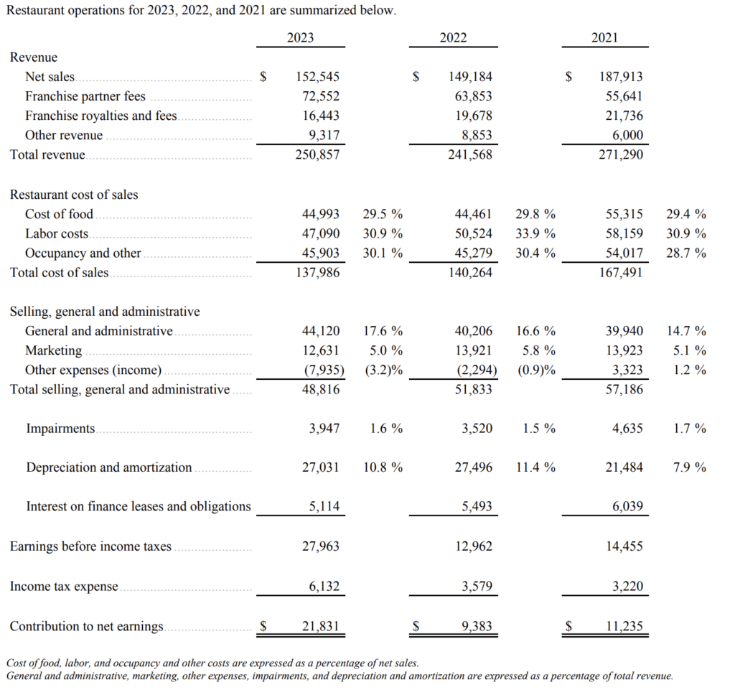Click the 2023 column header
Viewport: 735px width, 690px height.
301,37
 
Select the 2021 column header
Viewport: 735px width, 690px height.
604,37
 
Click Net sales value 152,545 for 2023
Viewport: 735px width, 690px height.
317,76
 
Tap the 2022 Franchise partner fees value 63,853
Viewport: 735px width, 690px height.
474,96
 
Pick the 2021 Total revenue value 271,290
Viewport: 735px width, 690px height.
621,154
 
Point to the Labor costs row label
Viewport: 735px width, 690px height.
57,233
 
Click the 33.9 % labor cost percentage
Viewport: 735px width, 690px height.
535,233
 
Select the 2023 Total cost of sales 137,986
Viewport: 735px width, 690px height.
317,272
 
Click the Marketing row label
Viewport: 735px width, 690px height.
53,350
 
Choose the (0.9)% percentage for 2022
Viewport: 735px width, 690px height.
536,370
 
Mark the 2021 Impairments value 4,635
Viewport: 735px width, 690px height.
627,429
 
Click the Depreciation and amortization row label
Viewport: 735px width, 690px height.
109,467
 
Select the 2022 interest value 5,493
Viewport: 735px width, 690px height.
477,506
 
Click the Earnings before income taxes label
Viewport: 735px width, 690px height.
90,546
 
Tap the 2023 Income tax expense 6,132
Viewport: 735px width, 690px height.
324,587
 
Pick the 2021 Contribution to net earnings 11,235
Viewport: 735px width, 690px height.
624,626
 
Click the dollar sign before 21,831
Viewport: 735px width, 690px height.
263,626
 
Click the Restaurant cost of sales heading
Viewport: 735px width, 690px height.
74,195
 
